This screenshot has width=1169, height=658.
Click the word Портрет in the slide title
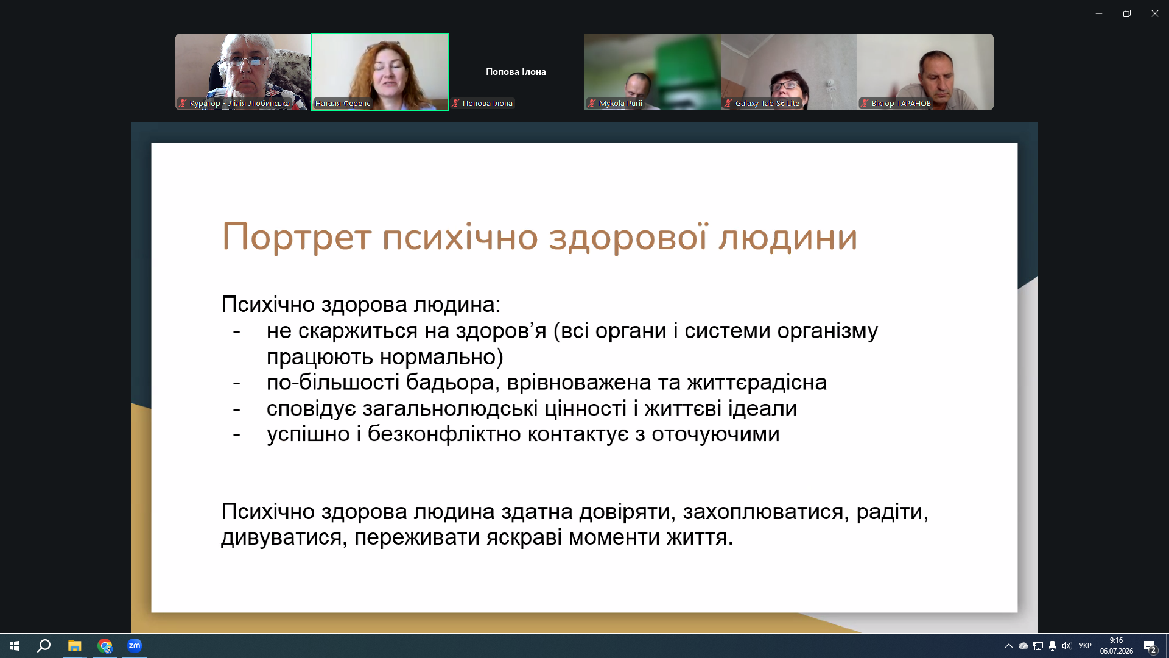point(297,237)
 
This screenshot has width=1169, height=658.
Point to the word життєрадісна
point(757,383)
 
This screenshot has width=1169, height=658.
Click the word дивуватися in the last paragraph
point(284,538)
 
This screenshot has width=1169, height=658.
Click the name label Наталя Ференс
point(343,104)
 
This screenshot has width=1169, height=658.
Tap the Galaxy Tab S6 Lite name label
point(767,104)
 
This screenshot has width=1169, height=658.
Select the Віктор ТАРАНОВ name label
point(901,104)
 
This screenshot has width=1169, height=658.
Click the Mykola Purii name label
point(620,104)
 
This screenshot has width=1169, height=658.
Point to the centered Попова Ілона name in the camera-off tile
point(516,72)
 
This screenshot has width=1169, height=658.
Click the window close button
point(1154,13)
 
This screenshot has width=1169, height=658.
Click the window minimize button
point(1099,13)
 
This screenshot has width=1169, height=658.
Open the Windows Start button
point(15,646)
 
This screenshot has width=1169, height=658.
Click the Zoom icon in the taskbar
point(135,645)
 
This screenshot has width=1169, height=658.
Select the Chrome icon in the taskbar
point(105,646)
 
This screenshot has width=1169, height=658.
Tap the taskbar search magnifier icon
point(44,646)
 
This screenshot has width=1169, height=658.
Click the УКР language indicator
point(1085,646)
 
